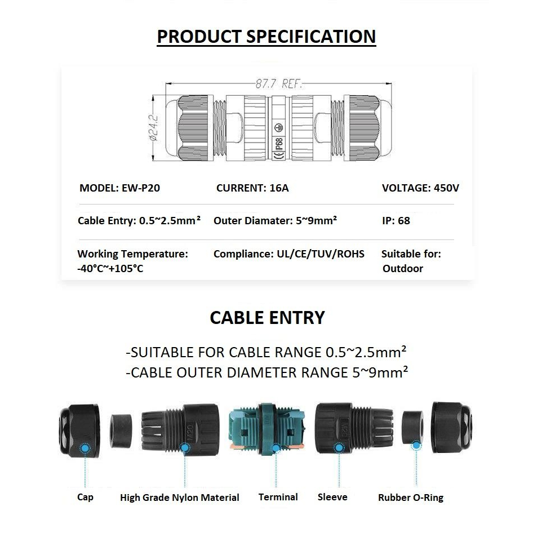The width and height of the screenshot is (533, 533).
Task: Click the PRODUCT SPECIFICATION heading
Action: [266, 37]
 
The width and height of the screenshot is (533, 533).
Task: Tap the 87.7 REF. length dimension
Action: [279, 85]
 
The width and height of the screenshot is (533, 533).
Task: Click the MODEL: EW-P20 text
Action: [119, 188]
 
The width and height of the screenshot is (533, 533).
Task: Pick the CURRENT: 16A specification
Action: [252, 188]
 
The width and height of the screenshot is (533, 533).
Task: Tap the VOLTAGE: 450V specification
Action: [420, 188]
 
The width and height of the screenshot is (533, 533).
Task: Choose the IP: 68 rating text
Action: [396, 221]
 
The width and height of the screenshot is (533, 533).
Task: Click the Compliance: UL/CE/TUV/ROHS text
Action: [288, 254]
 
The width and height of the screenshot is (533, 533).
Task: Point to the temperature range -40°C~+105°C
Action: [110, 269]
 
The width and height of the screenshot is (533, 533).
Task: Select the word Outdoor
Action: [402, 269]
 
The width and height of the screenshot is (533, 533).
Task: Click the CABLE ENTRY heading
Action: [267, 318]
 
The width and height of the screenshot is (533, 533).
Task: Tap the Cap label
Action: [85, 497]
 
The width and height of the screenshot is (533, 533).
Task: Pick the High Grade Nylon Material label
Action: [179, 498]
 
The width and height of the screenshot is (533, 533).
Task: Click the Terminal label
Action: [278, 497]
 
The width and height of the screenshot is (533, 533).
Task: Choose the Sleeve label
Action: [332, 497]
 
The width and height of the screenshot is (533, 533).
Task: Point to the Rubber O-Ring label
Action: [410, 498]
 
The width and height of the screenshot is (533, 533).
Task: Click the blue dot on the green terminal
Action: [276, 448]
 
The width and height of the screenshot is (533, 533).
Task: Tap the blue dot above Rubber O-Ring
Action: [416, 446]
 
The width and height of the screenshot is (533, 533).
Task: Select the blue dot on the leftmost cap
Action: [85, 448]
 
